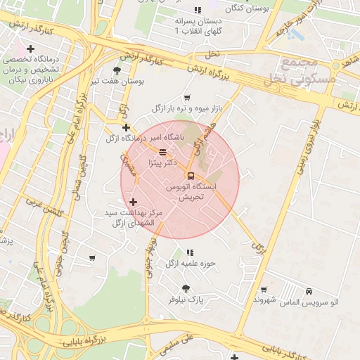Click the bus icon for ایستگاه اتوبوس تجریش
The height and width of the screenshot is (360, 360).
(191, 175)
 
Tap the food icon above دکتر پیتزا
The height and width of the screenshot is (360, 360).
(163, 151)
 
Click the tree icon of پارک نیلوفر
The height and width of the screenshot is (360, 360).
(186, 288)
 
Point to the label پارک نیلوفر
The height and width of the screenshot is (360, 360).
(186, 299)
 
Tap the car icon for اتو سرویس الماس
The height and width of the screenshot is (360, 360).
(309, 290)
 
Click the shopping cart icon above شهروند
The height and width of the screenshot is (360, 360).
(264, 289)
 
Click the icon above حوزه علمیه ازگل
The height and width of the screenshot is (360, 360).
(189, 252)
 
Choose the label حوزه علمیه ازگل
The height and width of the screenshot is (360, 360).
(189, 264)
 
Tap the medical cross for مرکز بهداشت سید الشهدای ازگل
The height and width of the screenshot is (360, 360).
(133, 202)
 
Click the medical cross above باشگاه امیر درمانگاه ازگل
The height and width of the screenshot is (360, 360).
(126, 127)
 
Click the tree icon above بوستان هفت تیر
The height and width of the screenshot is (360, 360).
(117, 70)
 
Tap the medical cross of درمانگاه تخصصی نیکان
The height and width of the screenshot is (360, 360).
(30, 49)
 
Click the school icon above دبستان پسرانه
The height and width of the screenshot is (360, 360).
(198, 10)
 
